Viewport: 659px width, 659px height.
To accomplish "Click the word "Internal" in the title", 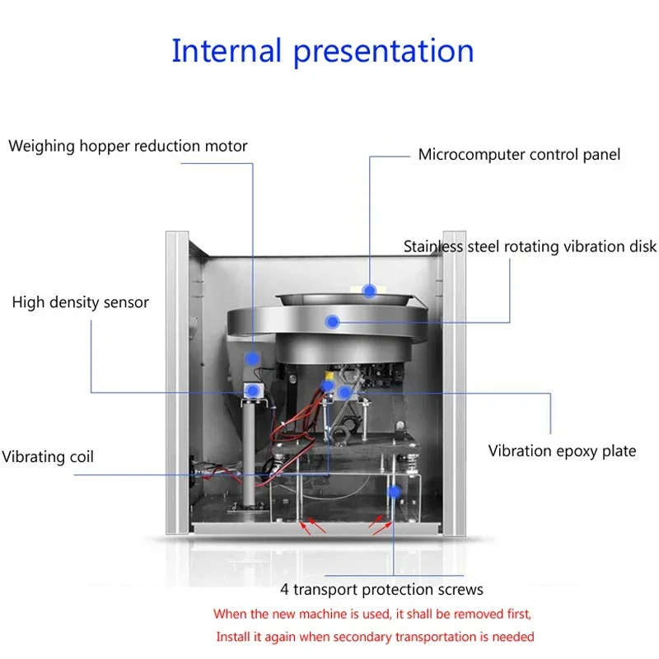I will point(226,51).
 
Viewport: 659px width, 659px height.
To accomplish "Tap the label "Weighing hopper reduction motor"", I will point(128,147).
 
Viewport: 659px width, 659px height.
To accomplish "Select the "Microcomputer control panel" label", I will point(519,154).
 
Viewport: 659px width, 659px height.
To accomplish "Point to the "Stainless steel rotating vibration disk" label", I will point(530,246).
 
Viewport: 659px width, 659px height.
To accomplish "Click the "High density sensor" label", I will point(81,302).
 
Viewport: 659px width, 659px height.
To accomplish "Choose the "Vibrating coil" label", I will point(48,456).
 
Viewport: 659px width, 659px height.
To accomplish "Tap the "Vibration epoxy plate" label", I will point(562,451).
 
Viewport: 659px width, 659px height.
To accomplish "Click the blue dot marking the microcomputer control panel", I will point(370,290).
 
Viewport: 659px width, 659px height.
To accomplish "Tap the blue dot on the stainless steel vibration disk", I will point(332,321).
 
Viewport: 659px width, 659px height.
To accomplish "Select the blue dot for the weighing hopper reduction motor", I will point(252,358).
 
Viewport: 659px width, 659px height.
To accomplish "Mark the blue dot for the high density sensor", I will point(252,390).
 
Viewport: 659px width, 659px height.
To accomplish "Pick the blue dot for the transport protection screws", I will point(395,491).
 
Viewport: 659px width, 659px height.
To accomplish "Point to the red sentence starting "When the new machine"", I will point(373,614).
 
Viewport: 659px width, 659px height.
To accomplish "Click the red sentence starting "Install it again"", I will point(375,637).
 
